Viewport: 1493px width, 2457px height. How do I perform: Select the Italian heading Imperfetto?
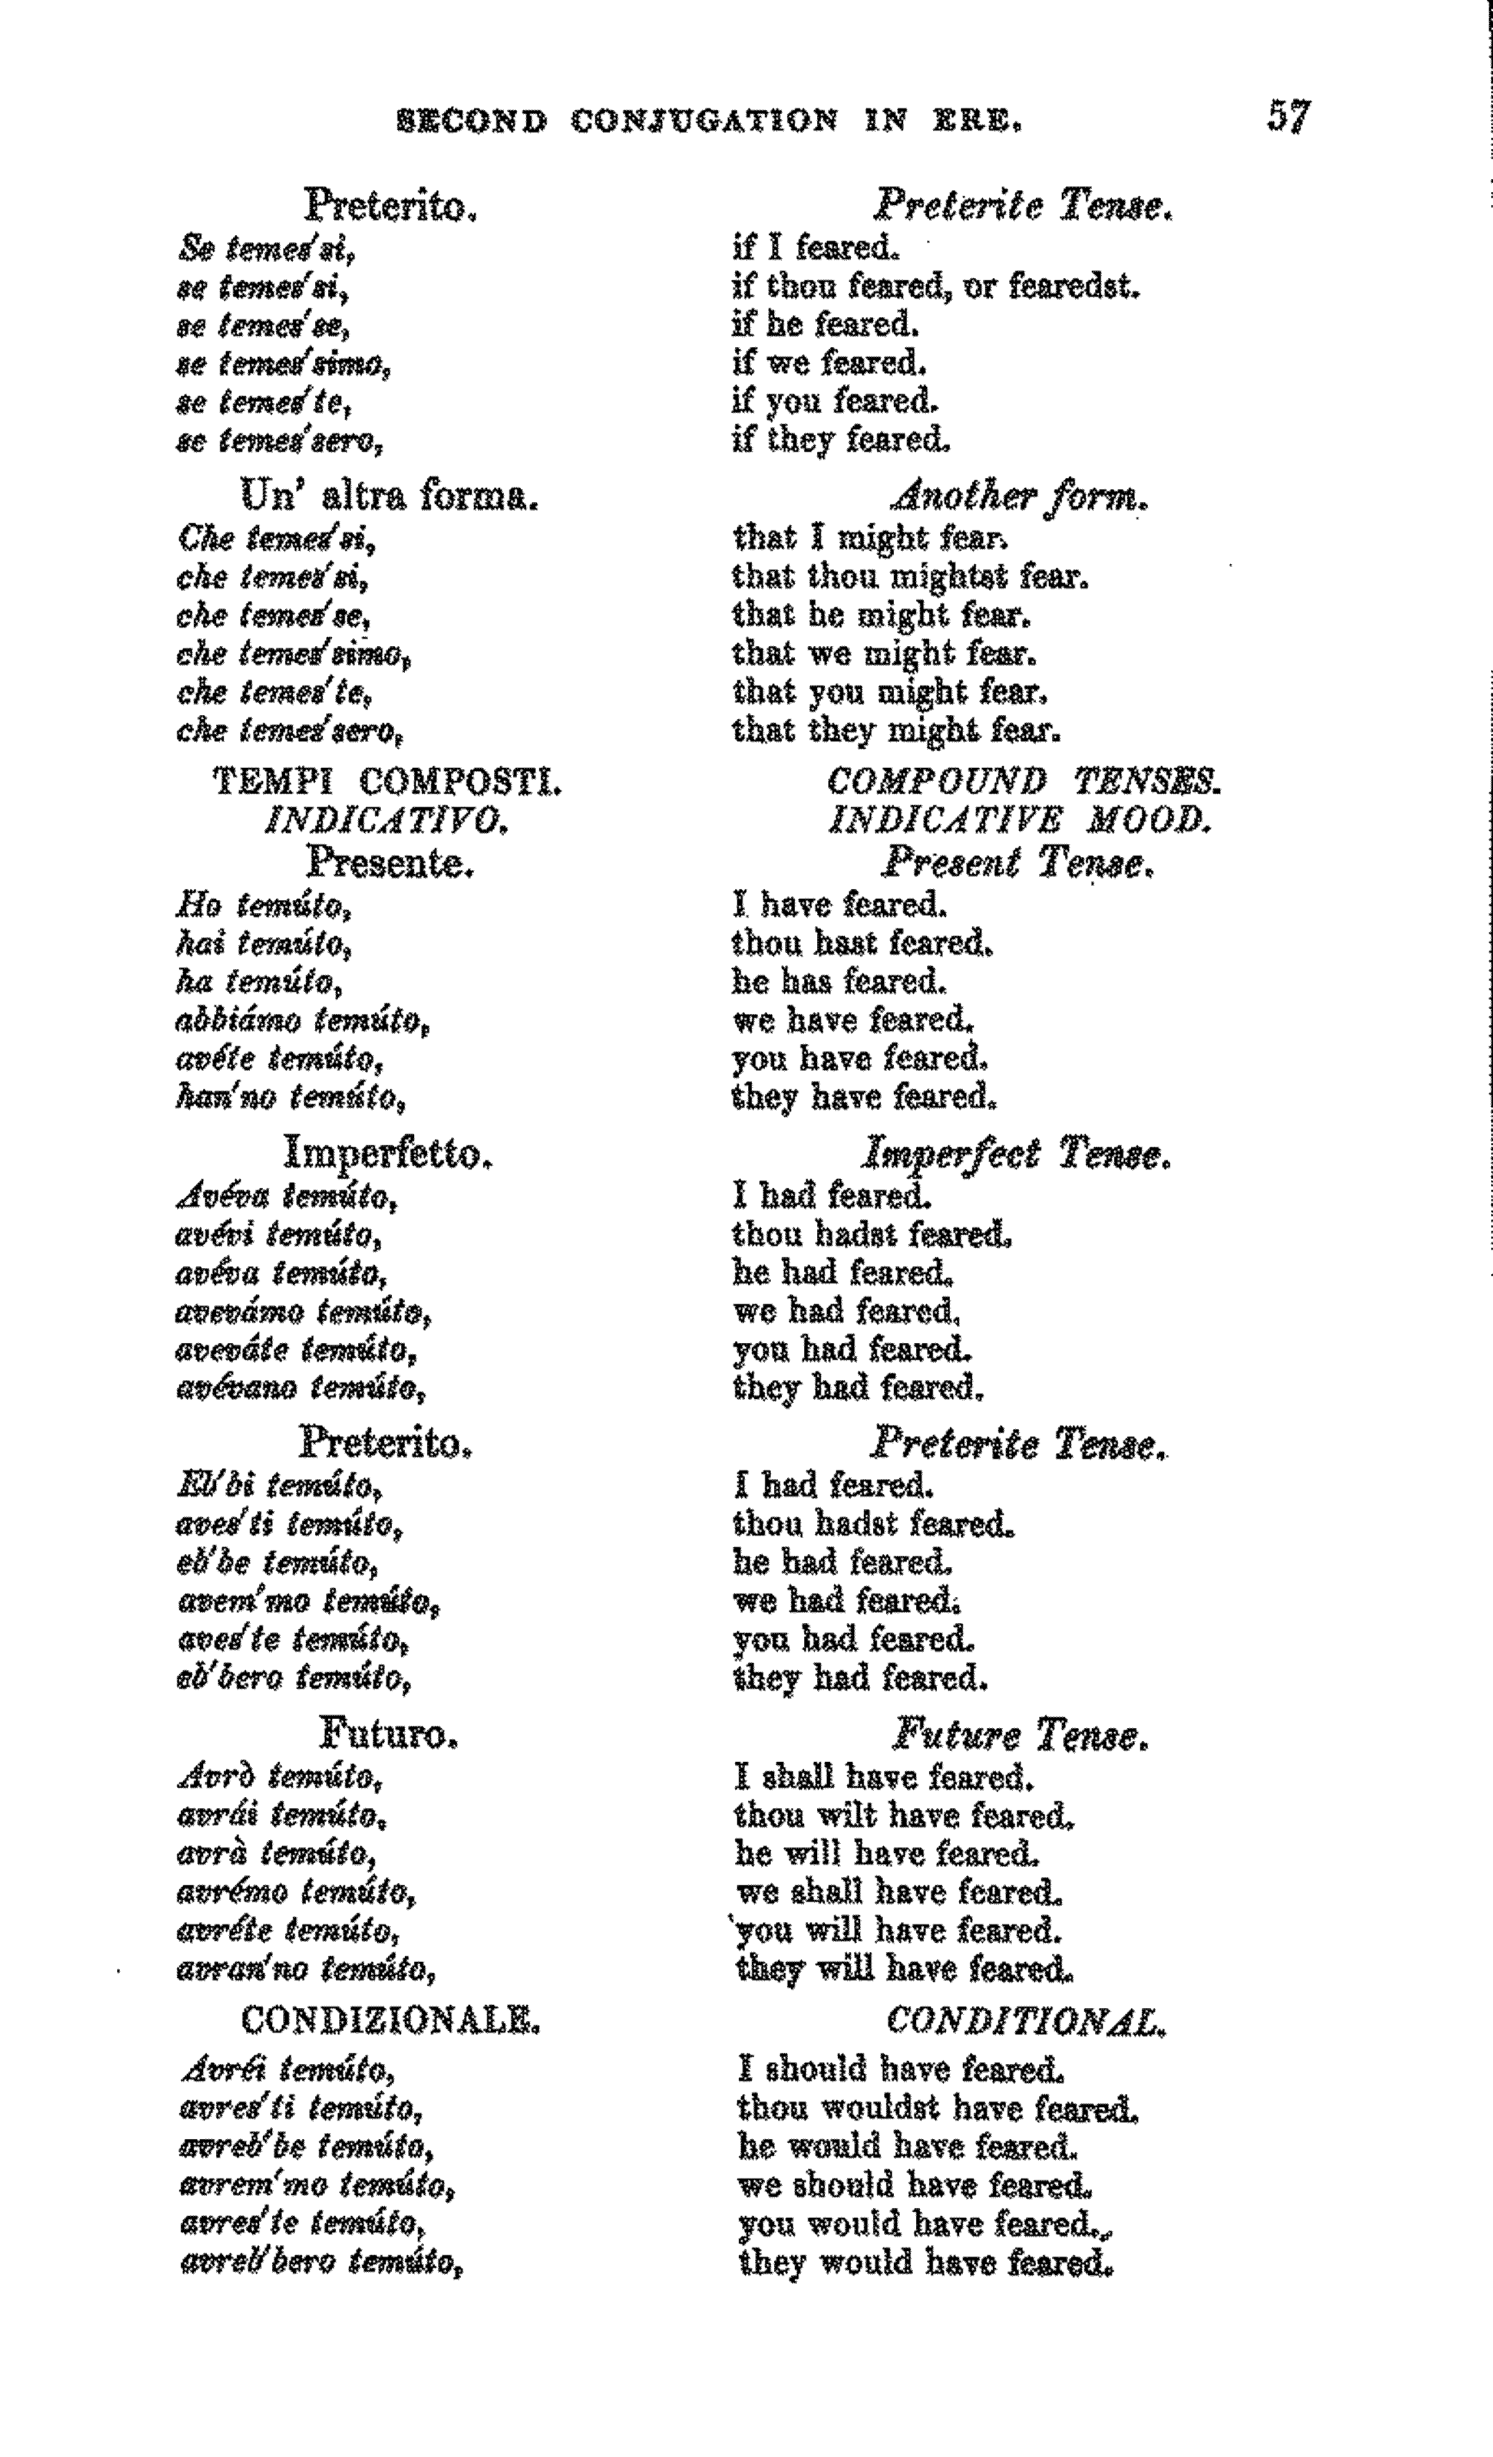pyautogui.click(x=389, y=1154)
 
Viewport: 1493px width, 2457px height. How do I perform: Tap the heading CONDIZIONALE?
pyautogui.click(x=389, y=2021)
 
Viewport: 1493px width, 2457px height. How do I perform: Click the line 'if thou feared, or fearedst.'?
pyautogui.click(x=935, y=287)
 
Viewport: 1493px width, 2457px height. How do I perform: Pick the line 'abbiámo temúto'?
pyautogui.click(x=303, y=1021)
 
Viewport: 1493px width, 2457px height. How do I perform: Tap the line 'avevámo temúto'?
pyautogui.click(x=303, y=1313)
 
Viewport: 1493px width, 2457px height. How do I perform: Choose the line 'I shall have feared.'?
pyautogui.click(x=884, y=1778)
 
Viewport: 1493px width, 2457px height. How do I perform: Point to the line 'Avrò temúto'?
pyautogui.click(x=280, y=1778)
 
